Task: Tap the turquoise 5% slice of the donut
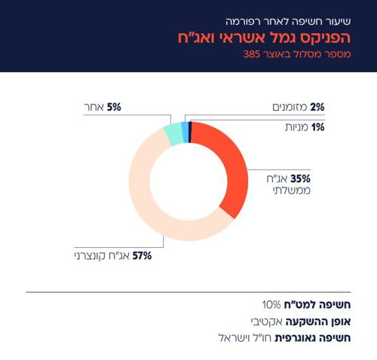173,135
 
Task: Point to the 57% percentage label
143,255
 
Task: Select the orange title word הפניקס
332,37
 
